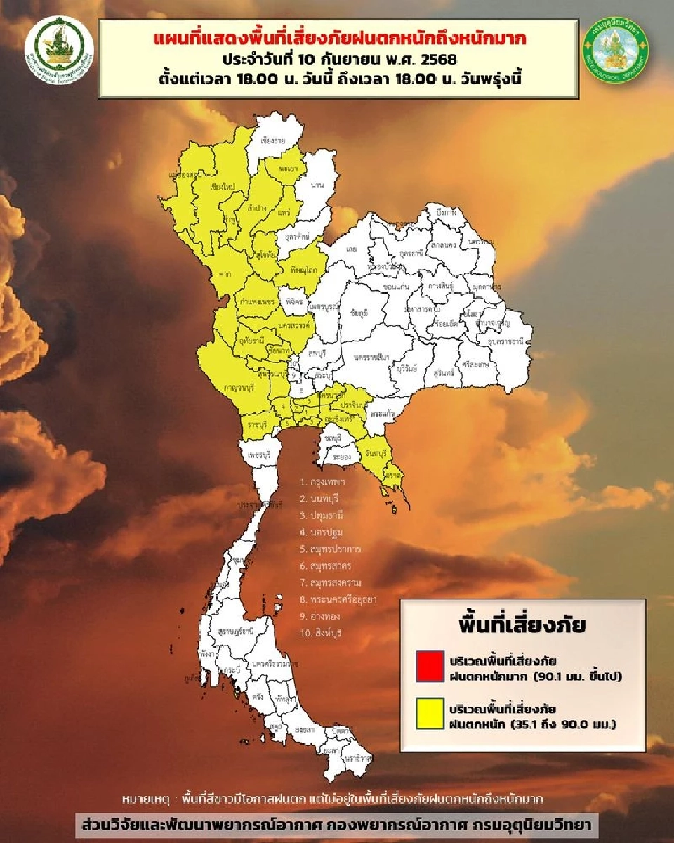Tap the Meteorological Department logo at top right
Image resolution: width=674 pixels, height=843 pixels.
[x=616, y=49]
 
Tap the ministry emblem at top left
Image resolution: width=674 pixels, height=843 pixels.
[x=59, y=48]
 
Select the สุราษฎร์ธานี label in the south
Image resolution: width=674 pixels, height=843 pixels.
[x=236, y=632]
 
